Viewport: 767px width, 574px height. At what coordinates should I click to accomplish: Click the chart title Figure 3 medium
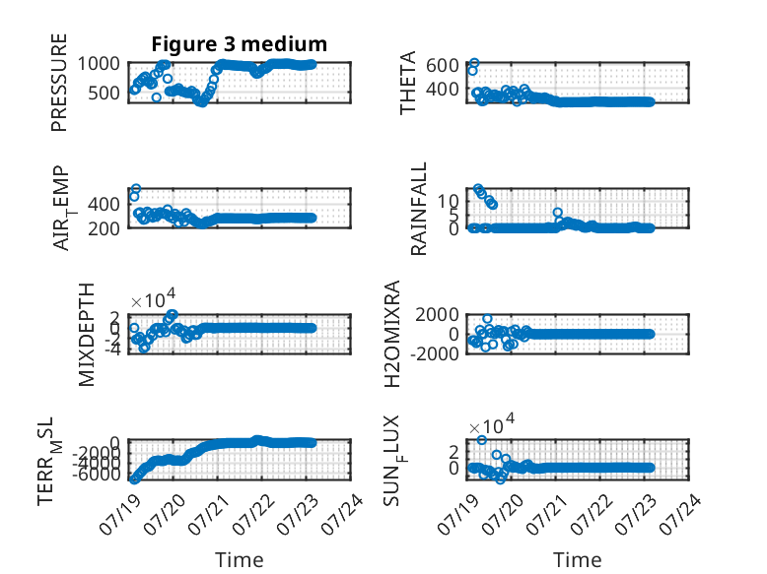pos(240,44)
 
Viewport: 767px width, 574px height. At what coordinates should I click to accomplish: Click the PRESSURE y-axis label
pos(59,83)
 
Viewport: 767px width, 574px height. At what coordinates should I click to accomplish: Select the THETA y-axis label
pos(407,83)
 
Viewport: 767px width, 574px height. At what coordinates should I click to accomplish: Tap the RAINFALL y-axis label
pos(419,209)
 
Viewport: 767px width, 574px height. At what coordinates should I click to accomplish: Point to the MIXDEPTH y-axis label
pos(86,335)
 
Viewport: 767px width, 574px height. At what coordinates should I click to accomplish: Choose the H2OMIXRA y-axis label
pos(392,334)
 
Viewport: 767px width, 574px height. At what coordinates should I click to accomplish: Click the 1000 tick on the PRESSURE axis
pos(99,64)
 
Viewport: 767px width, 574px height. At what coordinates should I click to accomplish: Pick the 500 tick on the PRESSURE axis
pos(104,93)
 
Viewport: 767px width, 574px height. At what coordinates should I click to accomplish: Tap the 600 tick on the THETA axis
pos(443,65)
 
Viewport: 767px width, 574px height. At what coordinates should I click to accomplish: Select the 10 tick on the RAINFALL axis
pos(448,200)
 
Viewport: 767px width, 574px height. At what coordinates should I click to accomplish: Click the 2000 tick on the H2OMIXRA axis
pos(438,315)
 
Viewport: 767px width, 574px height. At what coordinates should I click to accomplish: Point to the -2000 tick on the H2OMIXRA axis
pos(435,353)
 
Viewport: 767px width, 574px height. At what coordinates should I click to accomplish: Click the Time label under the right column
pos(577,560)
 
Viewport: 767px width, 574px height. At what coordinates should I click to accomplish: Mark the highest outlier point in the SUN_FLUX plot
pos(482,440)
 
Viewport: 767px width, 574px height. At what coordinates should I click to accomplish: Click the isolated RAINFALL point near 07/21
pos(558,213)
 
